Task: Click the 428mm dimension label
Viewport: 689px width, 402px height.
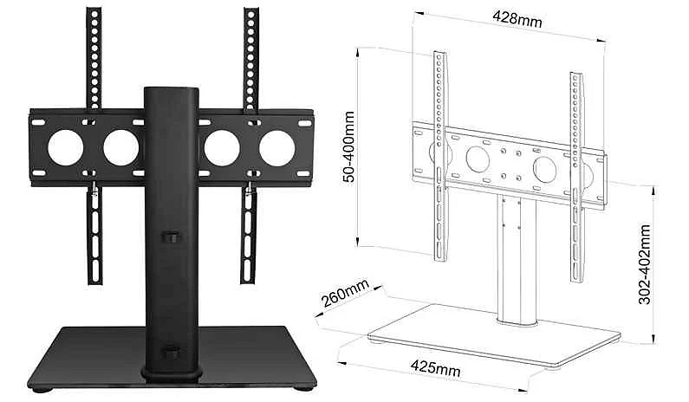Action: pos(517,19)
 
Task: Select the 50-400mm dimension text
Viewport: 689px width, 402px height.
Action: pos(349,146)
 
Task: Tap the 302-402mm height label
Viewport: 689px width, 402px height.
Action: pos(645,264)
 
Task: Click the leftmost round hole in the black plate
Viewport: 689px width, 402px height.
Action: pos(66,148)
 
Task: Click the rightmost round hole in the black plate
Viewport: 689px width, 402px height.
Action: pos(276,148)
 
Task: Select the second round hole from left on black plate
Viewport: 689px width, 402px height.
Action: pos(120,148)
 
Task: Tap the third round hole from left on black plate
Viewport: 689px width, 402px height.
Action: pos(222,148)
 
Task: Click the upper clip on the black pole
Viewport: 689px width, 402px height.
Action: pos(172,237)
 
